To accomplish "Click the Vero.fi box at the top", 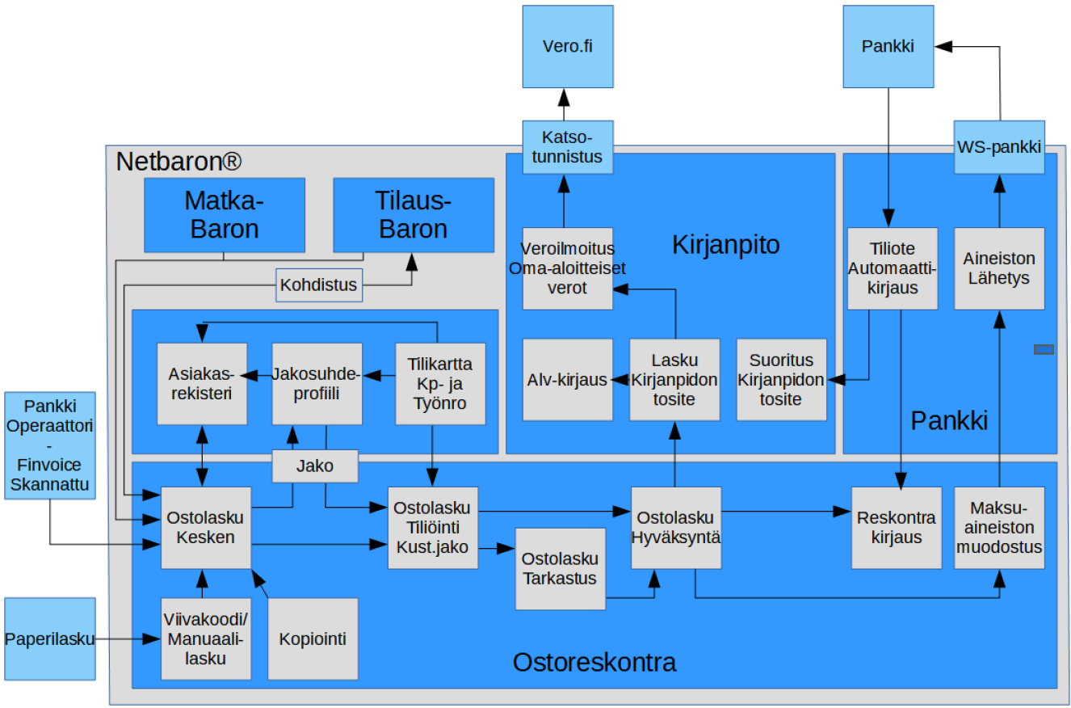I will pos(567,46).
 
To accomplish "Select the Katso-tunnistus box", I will pos(567,146).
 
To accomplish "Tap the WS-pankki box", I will pos(999,147).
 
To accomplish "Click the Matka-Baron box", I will pos(225,215).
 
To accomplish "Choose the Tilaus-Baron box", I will pos(414,215).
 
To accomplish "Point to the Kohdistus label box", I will pos(318,285).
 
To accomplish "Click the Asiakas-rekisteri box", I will pos(201,383).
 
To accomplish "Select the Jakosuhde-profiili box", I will pos(317,383).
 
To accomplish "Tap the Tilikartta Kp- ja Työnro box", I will pos(440,383).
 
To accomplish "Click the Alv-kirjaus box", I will pos(567,380).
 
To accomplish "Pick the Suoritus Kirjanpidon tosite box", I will pos(781,380).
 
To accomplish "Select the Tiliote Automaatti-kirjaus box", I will pos(892,268).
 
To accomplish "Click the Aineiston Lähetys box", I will pos(999,268).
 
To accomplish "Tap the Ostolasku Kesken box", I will pos(206,527).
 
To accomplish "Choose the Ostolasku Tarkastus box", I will pos(561,568).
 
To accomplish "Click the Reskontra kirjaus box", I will pos(897,527).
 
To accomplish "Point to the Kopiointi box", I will pos(313,638).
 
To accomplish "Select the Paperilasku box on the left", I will pos(50,638).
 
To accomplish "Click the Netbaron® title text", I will pos(178,162).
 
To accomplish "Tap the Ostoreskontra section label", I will pos(594,663).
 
